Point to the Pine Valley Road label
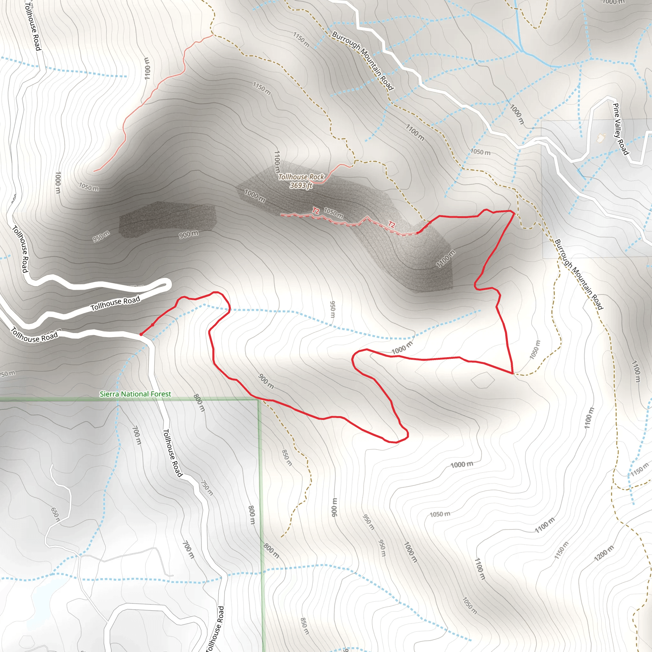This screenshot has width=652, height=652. [x=620, y=129]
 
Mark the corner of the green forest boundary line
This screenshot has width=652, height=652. [x=259, y=400]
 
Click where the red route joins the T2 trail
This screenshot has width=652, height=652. [x=418, y=232]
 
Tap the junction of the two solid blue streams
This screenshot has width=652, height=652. [x=522, y=51]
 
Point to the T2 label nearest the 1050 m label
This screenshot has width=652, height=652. [x=315, y=211]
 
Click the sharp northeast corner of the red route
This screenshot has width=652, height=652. [x=513, y=212]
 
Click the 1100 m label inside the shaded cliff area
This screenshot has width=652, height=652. [x=445, y=259]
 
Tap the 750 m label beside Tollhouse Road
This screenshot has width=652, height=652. [x=207, y=488]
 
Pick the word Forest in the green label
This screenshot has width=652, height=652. [x=161, y=394]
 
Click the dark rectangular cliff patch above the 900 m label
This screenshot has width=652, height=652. [x=167, y=219]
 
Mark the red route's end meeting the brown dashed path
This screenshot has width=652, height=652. [x=513, y=373]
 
